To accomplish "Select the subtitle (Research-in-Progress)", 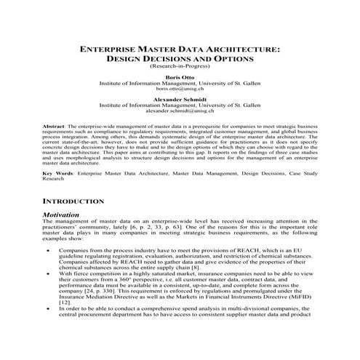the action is point(180,65).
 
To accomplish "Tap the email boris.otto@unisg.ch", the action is point(180,90).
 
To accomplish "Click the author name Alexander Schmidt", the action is point(180,99).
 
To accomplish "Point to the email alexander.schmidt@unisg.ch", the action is point(180,111).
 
